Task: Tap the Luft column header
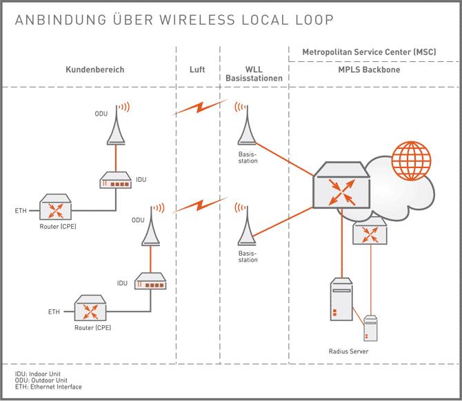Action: pos(197,70)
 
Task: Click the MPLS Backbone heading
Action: pos(371,70)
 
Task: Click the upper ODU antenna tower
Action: pos(117,127)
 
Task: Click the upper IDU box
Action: pos(117,181)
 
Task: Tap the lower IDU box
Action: pos(150,282)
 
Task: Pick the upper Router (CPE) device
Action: pos(58,207)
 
